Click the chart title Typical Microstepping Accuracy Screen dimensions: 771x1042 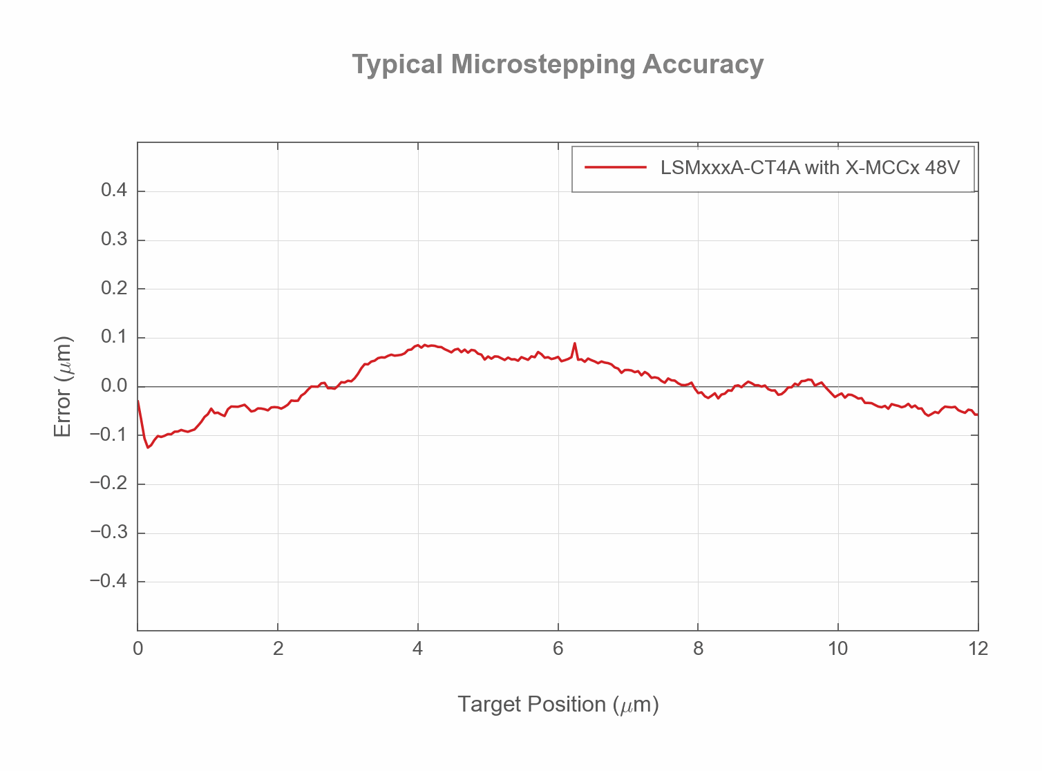(x=558, y=64)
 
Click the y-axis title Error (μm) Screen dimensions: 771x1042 (x=62, y=387)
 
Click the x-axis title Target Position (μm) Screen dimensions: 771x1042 (x=558, y=704)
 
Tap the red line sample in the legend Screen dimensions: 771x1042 (x=615, y=167)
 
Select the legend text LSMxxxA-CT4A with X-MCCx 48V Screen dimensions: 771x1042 (x=810, y=167)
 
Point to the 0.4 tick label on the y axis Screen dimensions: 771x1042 (x=114, y=191)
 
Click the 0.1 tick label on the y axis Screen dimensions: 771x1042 (x=114, y=337)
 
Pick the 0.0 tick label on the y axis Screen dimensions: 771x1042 (x=114, y=386)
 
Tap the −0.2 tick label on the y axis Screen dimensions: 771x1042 (x=108, y=484)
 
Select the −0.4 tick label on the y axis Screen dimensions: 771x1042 (x=108, y=581)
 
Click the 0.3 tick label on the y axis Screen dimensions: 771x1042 (x=114, y=240)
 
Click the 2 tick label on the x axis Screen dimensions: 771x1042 (x=278, y=649)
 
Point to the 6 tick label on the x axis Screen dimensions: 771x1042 (x=558, y=649)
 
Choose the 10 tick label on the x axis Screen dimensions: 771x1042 (x=837, y=649)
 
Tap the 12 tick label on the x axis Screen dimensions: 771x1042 (x=978, y=649)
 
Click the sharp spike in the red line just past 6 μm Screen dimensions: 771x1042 (x=575, y=343)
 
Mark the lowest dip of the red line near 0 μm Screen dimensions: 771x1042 (x=148, y=447)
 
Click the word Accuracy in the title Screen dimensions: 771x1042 (x=703, y=64)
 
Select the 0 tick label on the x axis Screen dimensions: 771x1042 (x=138, y=649)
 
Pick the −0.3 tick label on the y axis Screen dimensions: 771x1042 (x=108, y=533)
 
